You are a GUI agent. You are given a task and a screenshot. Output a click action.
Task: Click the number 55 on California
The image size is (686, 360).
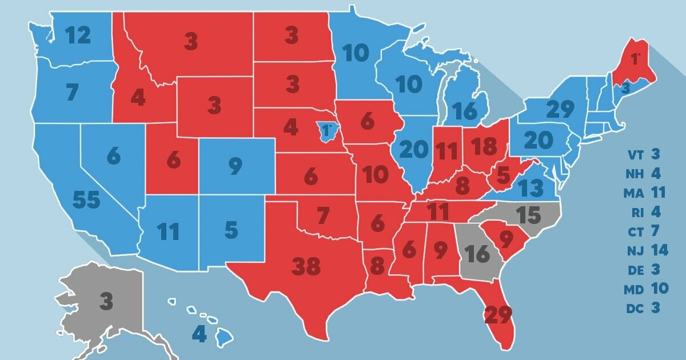(86, 200)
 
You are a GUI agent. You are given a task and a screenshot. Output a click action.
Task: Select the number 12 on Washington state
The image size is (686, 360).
(78, 36)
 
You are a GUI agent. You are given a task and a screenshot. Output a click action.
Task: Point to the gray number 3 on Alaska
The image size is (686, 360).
(106, 301)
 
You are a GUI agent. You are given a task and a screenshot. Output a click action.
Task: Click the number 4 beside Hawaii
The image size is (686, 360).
(199, 334)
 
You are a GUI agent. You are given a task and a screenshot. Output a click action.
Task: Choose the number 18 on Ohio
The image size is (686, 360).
(485, 147)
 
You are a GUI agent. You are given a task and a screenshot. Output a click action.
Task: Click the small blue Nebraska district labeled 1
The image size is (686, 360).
(326, 131)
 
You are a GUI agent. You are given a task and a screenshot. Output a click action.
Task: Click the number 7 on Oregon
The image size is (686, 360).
(71, 93)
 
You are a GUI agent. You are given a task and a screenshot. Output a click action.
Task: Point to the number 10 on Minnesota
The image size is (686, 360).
(356, 54)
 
